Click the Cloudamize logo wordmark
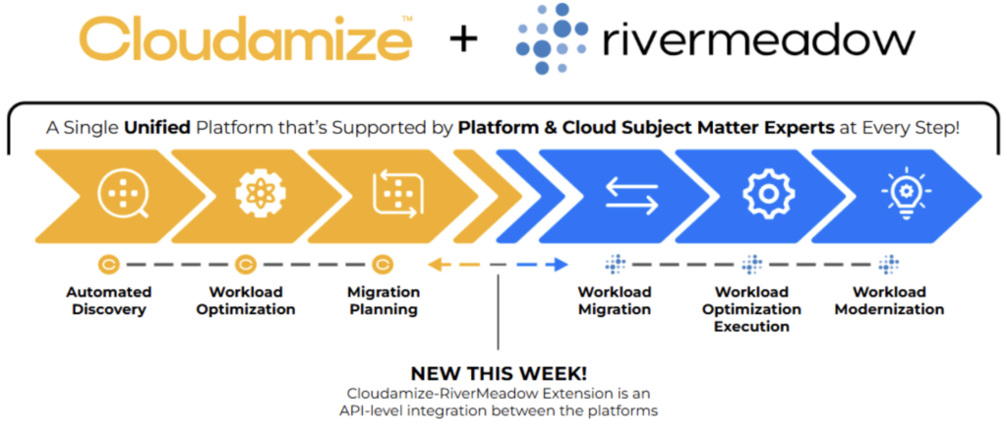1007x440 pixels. click(245, 40)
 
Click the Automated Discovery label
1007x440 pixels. click(109, 301)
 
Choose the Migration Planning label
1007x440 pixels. click(384, 301)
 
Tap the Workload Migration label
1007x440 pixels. click(615, 301)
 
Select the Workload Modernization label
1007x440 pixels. click(889, 301)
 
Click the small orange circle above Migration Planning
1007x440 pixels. click(384, 264)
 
